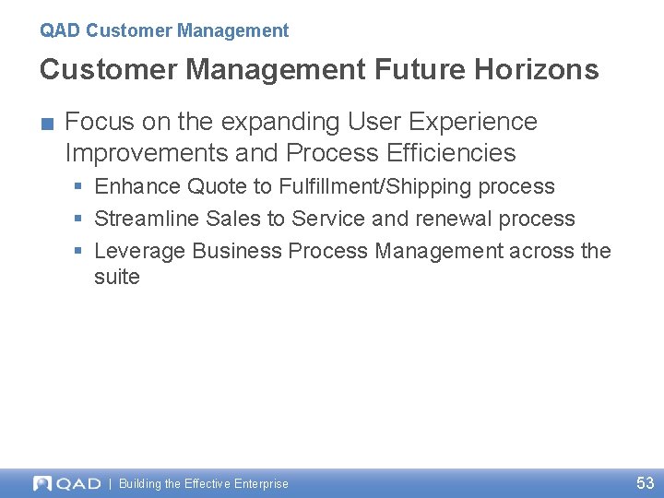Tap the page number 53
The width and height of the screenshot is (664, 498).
click(645, 482)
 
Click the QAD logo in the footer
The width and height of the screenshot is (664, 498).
click(67, 483)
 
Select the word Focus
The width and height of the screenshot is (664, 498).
click(94, 122)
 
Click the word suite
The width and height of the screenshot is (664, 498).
click(116, 277)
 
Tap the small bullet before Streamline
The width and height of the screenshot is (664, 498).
click(79, 219)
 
